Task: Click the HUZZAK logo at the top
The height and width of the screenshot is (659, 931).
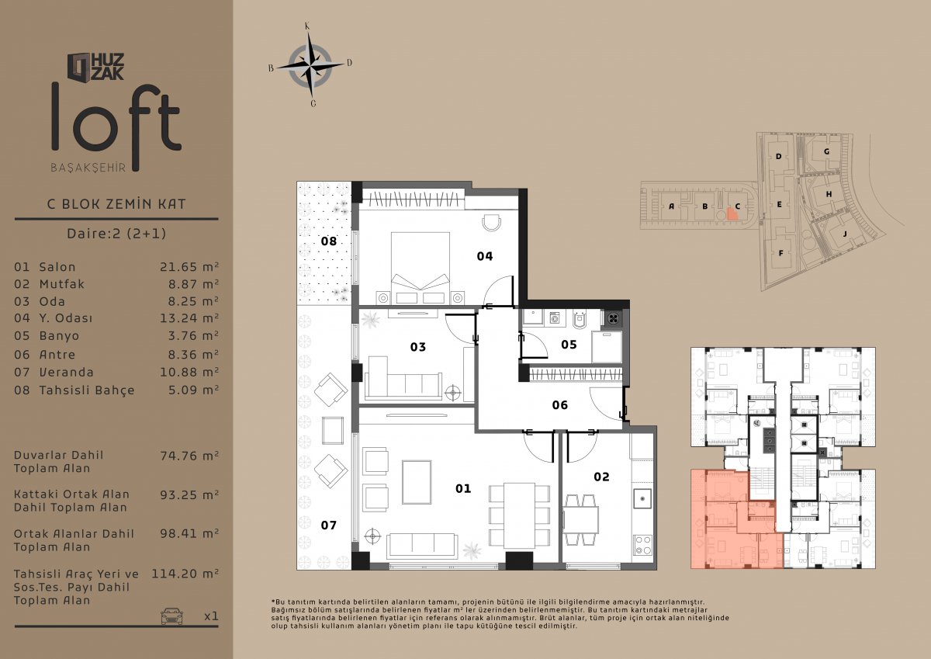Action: pyautogui.click(x=96, y=67)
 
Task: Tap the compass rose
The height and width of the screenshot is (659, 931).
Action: pyautogui.click(x=310, y=65)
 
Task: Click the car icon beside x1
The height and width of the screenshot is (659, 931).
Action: pyautogui.click(x=171, y=616)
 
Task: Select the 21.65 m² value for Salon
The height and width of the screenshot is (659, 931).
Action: pyautogui.click(x=189, y=267)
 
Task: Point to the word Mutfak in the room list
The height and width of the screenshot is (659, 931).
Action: pyautogui.click(x=62, y=284)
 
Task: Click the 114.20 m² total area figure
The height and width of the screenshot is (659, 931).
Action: pyautogui.click(x=185, y=574)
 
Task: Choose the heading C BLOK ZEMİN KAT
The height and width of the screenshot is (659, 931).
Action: pyautogui.click(x=116, y=203)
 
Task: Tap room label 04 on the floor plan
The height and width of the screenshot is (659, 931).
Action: pyautogui.click(x=485, y=256)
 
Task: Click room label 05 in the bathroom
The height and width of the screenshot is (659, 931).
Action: pyautogui.click(x=569, y=345)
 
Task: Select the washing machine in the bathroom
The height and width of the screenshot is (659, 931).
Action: pyautogui.click(x=554, y=318)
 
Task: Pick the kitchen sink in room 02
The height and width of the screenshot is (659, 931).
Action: pyautogui.click(x=642, y=498)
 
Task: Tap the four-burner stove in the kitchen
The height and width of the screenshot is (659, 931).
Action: pyautogui.click(x=643, y=545)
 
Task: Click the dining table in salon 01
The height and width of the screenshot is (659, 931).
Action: pyautogui.click(x=519, y=515)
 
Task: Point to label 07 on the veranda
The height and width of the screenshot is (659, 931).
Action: pyautogui.click(x=328, y=525)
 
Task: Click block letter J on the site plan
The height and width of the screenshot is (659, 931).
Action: pyautogui.click(x=845, y=234)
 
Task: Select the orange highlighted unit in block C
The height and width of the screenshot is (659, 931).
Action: pyautogui.click(x=732, y=213)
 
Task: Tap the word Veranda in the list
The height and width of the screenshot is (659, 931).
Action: pyautogui.click(x=67, y=372)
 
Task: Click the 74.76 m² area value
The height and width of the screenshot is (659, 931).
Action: pyautogui.click(x=189, y=456)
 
